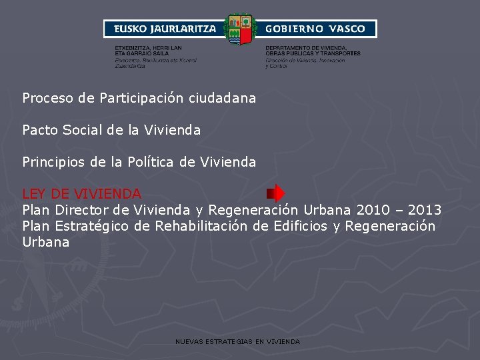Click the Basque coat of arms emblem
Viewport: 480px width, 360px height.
click(240, 29)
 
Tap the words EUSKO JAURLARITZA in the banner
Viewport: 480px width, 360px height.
click(165, 29)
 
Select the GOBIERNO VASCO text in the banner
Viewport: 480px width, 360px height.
click(315, 29)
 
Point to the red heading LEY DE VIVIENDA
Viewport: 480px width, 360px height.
click(81, 194)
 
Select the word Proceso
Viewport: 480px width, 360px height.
click(48, 98)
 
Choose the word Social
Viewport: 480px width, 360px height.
click(82, 130)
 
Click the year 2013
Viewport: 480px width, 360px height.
click(425, 210)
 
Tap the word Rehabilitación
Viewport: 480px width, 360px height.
click(201, 226)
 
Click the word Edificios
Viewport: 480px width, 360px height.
click(291, 226)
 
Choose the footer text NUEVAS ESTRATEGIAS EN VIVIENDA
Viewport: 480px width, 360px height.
click(237, 341)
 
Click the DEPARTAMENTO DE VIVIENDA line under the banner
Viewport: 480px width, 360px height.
click(306, 48)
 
